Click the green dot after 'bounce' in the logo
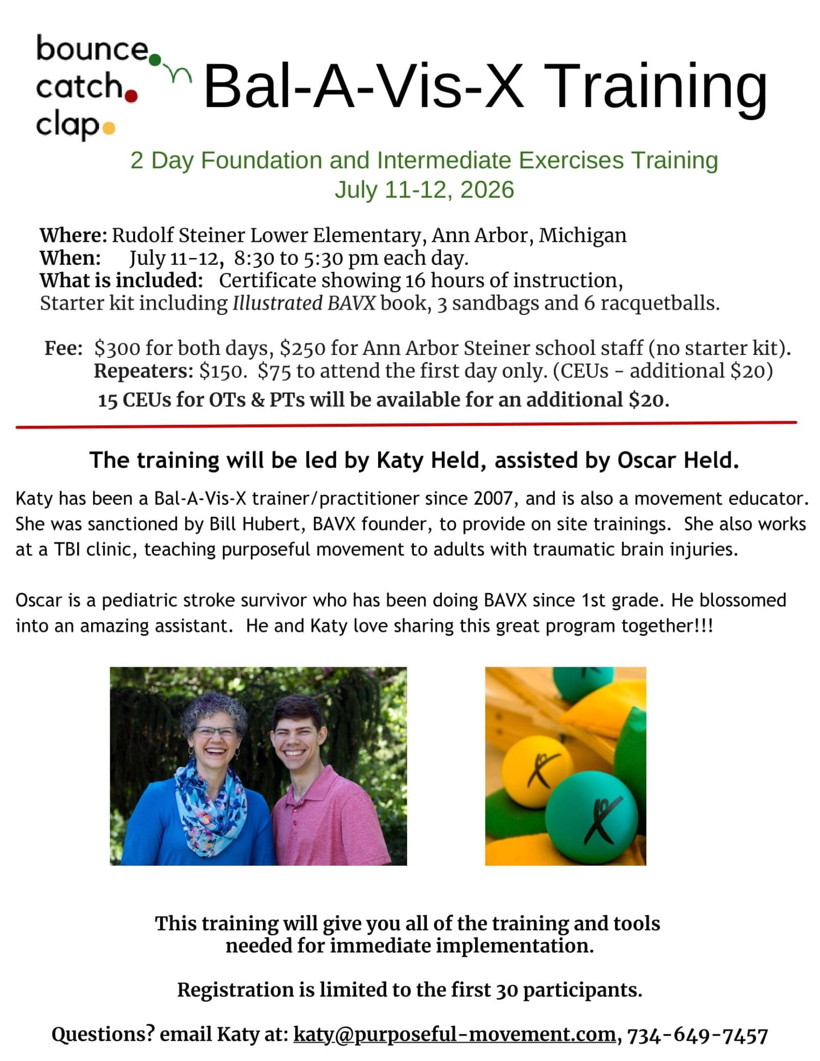click(155, 60)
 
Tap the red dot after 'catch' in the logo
click(131, 96)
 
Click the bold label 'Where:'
click(74, 235)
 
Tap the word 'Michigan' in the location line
click(582, 236)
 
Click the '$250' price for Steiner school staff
click(303, 348)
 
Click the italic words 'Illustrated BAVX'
click(304, 303)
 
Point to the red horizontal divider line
click(406, 425)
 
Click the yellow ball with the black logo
click(538, 773)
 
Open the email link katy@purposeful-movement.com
click(454, 1034)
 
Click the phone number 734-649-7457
click(697, 1035)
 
